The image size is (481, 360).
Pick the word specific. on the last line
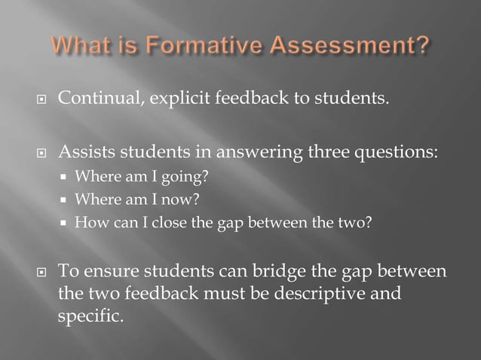90,315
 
